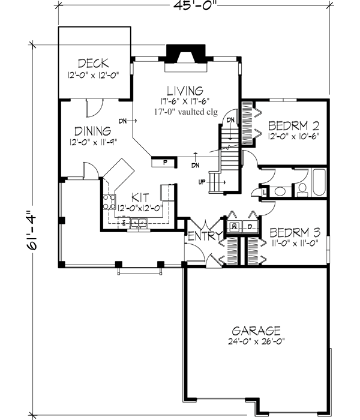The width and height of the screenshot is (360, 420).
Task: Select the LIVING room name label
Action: click(x=185, y=90)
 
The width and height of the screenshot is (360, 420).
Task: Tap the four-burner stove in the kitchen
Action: click(x=109, y=202)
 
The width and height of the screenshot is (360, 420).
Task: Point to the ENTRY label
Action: click(x=205, y=236)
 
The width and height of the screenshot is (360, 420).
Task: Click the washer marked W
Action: click(x=235, y=226)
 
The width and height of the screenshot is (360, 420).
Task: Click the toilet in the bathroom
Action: click(x=302, y=190)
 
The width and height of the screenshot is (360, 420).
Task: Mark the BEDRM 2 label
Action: click(x=293, y=126)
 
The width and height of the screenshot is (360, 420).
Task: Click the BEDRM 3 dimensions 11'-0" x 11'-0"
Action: click(x=293, y=242)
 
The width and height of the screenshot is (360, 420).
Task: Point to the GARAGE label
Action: click(x=256, y=331)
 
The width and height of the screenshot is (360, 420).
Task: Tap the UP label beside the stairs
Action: click(x=202, y=182)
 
